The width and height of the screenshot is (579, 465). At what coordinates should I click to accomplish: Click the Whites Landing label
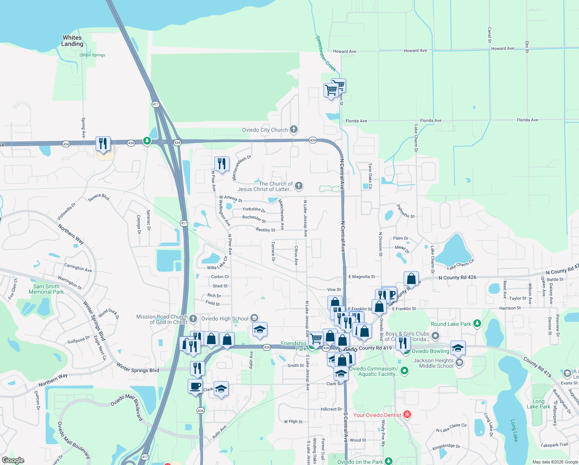[72, 41]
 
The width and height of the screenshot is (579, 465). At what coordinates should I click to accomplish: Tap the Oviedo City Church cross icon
[294, 129]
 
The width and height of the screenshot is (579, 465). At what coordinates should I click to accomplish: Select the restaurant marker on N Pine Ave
[222, 164]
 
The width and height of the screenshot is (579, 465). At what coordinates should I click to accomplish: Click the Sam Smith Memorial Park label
[46, 289]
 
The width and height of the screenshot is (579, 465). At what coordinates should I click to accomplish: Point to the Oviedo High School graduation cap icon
[254, 318]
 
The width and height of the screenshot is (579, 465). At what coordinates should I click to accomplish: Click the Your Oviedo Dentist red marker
[407, 415]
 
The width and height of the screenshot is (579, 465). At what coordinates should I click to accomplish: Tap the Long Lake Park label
[538, 404]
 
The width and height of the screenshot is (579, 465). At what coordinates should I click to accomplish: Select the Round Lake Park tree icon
[477, 324]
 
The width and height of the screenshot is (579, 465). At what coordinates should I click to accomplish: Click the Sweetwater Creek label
[325, 54]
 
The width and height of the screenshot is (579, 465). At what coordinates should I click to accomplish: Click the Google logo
[13, 460]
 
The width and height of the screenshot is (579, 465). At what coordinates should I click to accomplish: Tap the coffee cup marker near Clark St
[195, 386]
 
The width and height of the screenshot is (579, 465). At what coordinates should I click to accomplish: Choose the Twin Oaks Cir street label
[370, 176]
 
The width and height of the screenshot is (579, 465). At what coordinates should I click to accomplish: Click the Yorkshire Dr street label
[254, 210]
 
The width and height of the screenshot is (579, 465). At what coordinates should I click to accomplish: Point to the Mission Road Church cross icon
[193, 319]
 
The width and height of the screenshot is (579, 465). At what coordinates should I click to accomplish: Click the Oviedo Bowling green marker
[406, 351]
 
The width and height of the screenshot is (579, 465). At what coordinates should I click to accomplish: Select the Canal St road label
[490, 35]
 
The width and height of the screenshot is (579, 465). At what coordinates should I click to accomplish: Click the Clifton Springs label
[92, 55]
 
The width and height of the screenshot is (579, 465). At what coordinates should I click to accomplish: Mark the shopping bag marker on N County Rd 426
[411, 278]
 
